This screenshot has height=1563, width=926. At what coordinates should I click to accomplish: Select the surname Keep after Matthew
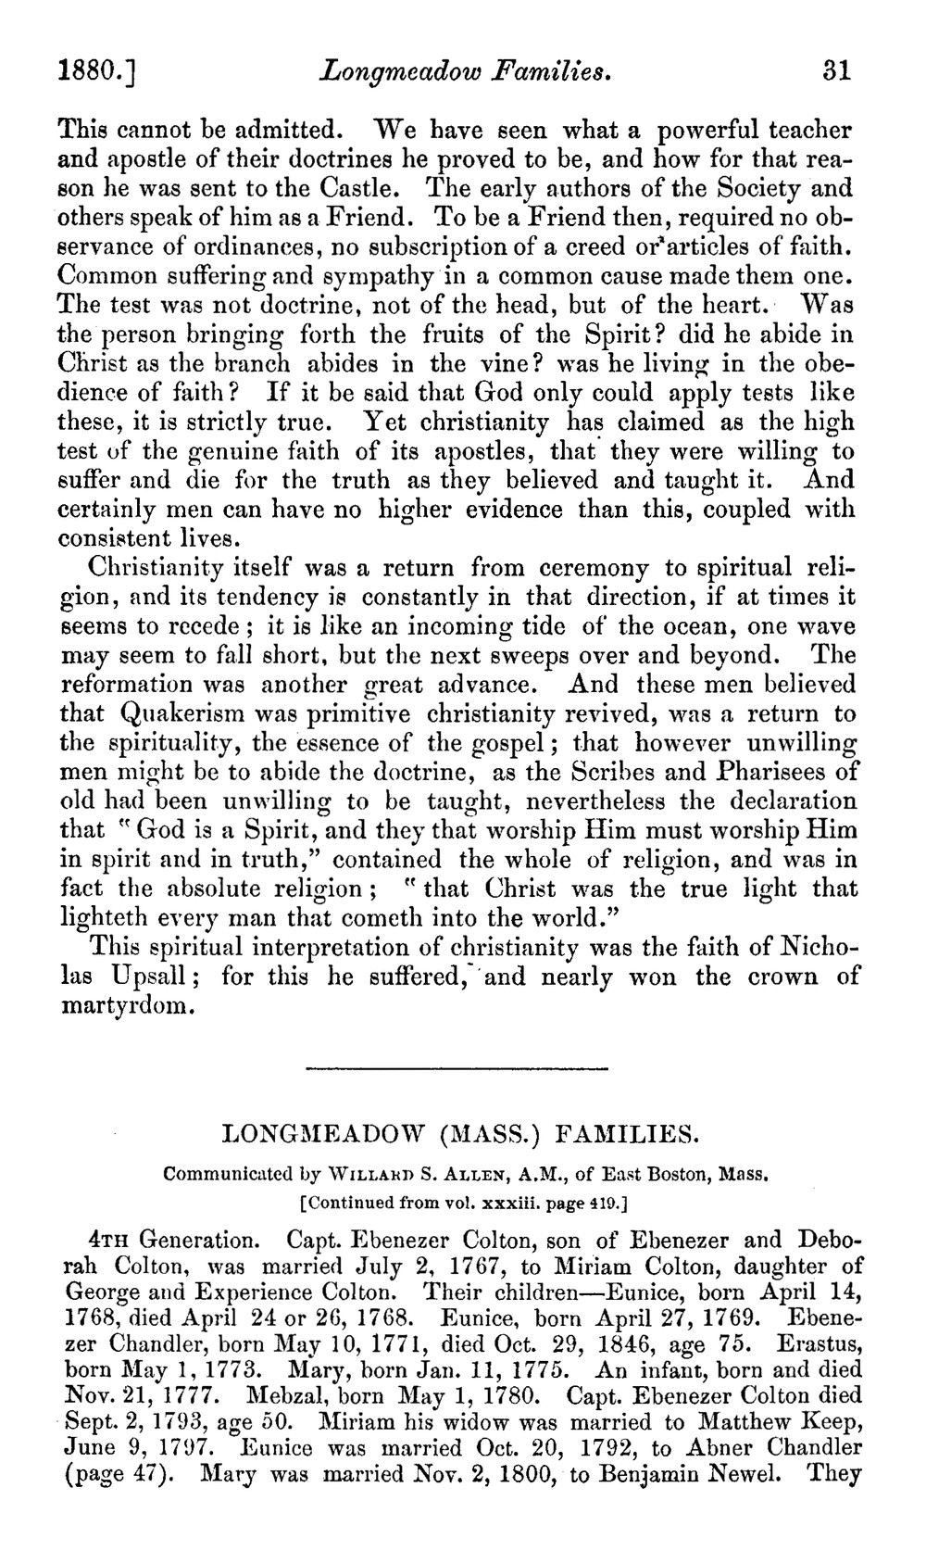[x=832, y=1421]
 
